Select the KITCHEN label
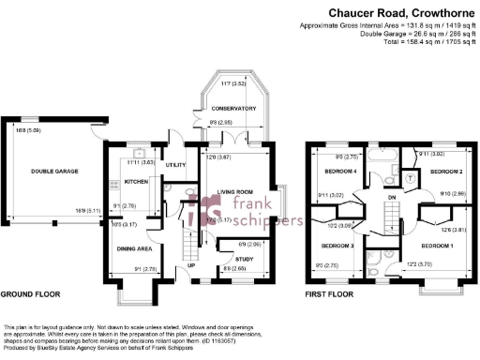[137, 182]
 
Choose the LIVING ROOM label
[236, 192]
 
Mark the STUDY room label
[244, 258]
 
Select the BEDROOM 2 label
[447, 172]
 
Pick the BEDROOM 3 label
[337, 246]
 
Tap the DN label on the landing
[389, 211]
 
